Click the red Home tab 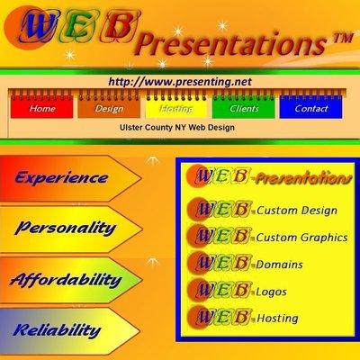click(x=42, y=108)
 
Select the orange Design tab click(x=109, y=108)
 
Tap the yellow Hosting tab click(x=176, y=108)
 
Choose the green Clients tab click(x=244, y=108)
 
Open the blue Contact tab click(x=311, y=108)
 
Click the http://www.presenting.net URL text click(x=179, y=81)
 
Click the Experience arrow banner click(x=61, y=177)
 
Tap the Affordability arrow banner click(x=65, y=280)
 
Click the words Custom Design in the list click(x=297, y=211)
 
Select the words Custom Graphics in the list click(x=303, y=237)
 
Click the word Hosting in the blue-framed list click(x=278, y=318)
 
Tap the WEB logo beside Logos click(x=221, y=290)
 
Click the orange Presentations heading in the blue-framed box click(x=301, y=178)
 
